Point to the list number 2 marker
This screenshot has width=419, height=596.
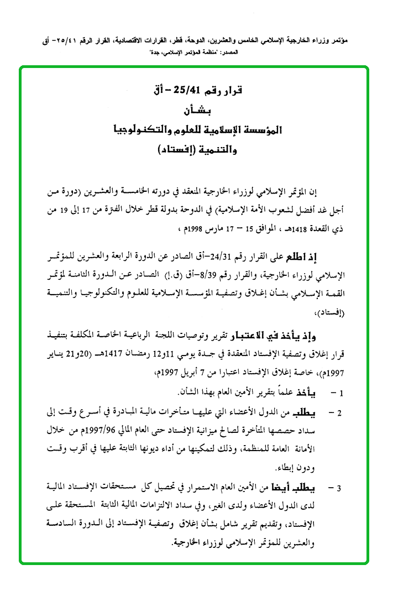click(341, 428)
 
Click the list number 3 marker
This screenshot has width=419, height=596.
click(341, 488)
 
